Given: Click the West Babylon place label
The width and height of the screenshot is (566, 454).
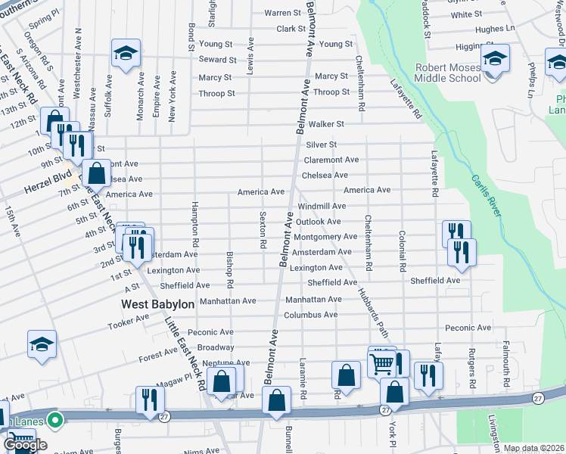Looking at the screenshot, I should coord(158,303).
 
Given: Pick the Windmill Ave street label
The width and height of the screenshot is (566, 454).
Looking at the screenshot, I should coord(322,206).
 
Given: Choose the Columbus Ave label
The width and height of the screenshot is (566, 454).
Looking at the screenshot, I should coord(311,314).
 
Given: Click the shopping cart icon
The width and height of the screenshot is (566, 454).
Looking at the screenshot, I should coord(383,363).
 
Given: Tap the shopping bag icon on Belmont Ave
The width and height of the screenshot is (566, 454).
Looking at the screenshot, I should coord(277,401).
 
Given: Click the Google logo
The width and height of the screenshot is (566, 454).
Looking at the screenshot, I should coord(25,445).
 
